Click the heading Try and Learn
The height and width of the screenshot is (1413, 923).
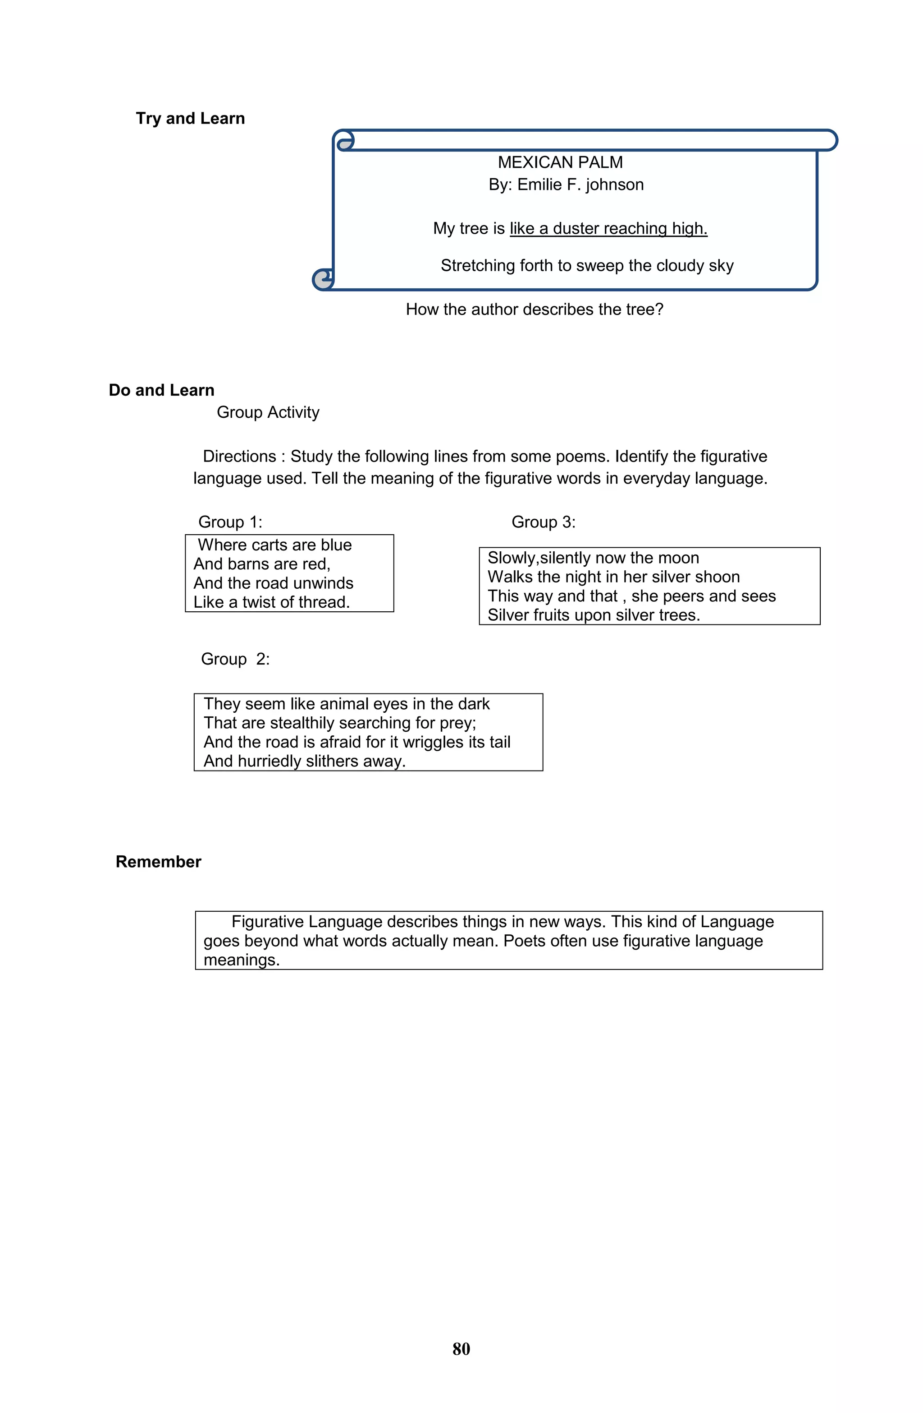coord(190,118)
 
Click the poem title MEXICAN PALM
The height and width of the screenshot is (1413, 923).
coord(559,162)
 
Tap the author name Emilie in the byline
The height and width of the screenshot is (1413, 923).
coord(539,185)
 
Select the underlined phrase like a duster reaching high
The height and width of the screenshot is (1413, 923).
coord(608,229)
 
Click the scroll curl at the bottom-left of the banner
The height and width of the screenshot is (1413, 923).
coord(323,279)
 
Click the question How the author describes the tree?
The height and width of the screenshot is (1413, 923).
coord(534,309)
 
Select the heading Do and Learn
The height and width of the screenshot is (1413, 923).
coord(161,390)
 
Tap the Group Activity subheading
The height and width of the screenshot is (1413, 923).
coord(268,412)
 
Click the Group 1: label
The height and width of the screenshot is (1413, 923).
coord(229,522)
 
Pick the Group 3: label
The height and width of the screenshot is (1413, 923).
coord(543,522)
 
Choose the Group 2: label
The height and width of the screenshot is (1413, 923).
coord(235,659)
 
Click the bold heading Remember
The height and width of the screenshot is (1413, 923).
coord(158,861)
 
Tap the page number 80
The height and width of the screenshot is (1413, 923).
coord(461,1349)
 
